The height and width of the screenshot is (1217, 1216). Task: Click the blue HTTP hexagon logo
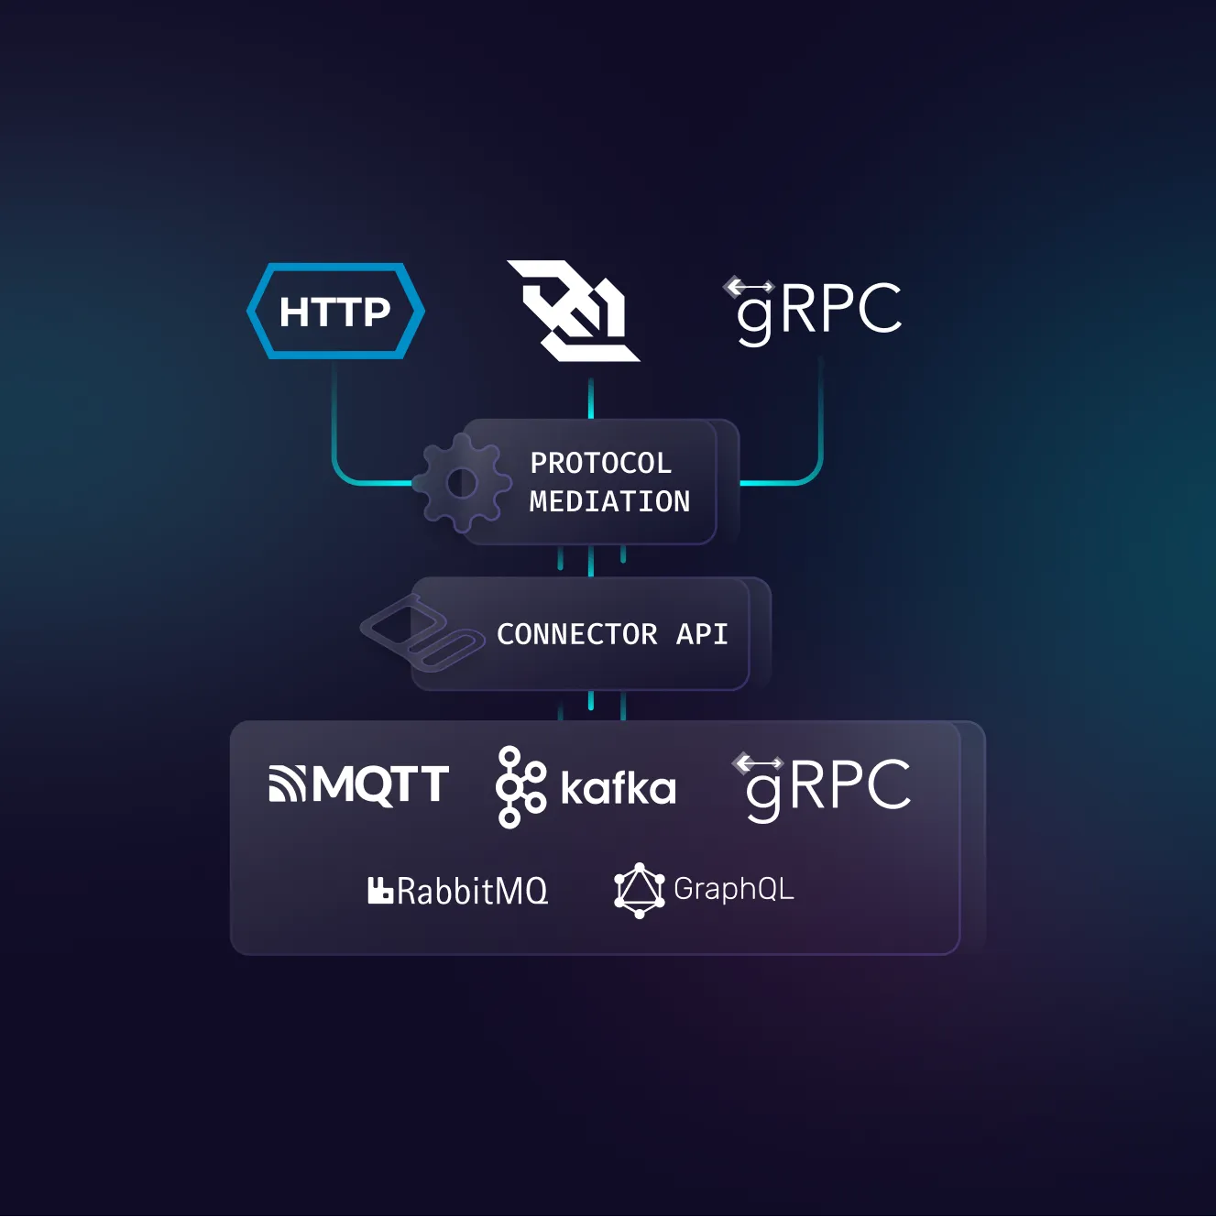coord(335,312)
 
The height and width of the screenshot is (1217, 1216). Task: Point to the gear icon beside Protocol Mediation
coord(461,483)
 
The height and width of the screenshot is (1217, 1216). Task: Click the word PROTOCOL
coord(600,464)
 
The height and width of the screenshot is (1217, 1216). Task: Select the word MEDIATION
coord(609,502)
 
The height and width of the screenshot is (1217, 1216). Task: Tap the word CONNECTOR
coord(576,634)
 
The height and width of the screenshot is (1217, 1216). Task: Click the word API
coord(702,634)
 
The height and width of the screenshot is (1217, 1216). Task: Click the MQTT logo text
coord(380,785)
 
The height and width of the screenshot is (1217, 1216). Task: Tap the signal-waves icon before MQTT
coord(287,784)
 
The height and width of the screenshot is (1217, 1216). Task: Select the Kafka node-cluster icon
coord(520,787)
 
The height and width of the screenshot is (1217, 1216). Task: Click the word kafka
coord(619,789)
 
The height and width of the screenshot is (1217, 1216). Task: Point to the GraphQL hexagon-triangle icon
coord(639,890)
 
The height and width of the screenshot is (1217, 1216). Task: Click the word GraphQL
coord(733,889)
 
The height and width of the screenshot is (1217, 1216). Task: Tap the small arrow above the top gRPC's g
coord(750,287)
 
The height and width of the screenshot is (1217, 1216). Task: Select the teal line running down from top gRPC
coord(820,417)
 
